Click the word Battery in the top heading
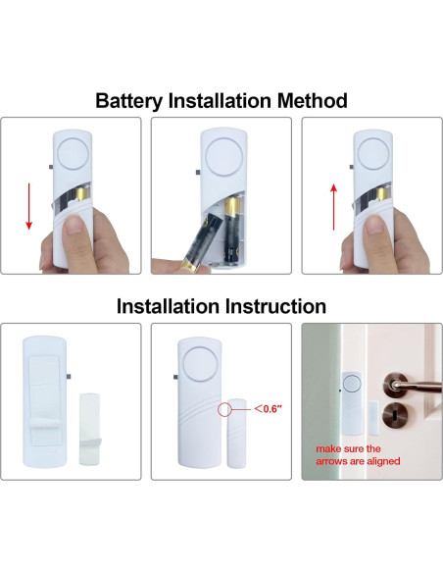tap(129, 101)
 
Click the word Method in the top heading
tap(313, 100)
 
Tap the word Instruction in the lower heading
tap(275, 306)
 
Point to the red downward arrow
tap(28, 206)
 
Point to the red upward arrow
tap(333, 207)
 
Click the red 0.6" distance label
tap(269, 409)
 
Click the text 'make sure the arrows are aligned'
tap(358, 455)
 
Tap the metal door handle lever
tap(416, 386)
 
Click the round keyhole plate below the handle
tap(395, 416)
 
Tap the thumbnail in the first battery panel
tap(75, 224)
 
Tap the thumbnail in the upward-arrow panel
tap(375, 225)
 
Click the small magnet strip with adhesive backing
tap(89, 429)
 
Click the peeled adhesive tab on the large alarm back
tap(45, 424)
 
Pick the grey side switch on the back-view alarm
tap(69, 377)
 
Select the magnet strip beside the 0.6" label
tap(237, 434)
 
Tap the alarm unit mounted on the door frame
tap(352, 402)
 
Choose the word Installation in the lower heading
tap(169, 306)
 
